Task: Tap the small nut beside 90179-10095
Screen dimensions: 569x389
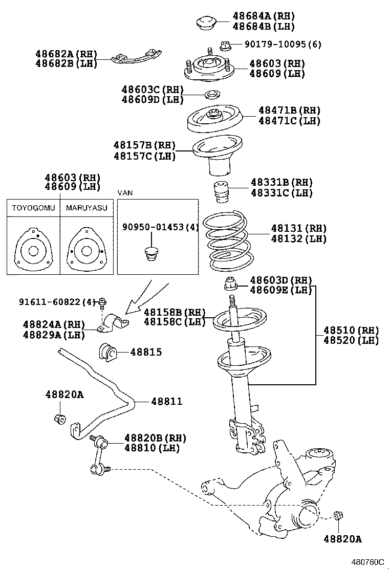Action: [x=224, y=46]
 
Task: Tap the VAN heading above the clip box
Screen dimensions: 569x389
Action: [x=124, y=192]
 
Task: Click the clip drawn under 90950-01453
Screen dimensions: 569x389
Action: [x=150, y=253]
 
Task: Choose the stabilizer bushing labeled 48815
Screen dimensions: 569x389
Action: [x=107, y=352]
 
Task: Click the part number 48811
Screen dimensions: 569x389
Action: [x=166, y=402]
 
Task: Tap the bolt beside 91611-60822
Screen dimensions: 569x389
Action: [x=103, y=303]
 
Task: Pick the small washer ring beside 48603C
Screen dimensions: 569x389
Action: [x=211, y=94]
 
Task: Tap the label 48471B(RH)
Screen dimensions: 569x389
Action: [x=289, y=110]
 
